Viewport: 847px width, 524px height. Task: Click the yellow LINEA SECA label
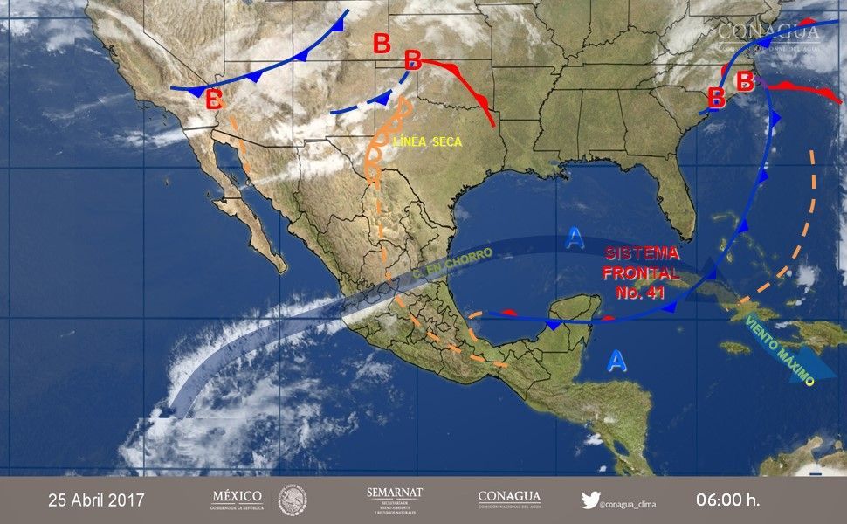(x=428, y=142)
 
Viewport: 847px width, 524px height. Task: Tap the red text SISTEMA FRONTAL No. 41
(x=642, y=272)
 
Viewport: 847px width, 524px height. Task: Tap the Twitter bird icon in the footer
(x=590, y=500)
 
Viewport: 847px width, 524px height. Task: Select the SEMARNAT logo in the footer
(x=395, y=500)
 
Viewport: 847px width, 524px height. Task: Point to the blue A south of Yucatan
(x=617, y=361)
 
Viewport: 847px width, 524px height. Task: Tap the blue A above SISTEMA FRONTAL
(x=574, y=238)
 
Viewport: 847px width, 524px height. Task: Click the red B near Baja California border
(x=214, y=99)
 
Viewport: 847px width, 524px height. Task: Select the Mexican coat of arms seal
(x=293, y=500)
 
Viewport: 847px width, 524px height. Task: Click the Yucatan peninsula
(x=572, y=310)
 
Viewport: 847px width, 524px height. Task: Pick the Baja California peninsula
(x=249, y=218)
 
